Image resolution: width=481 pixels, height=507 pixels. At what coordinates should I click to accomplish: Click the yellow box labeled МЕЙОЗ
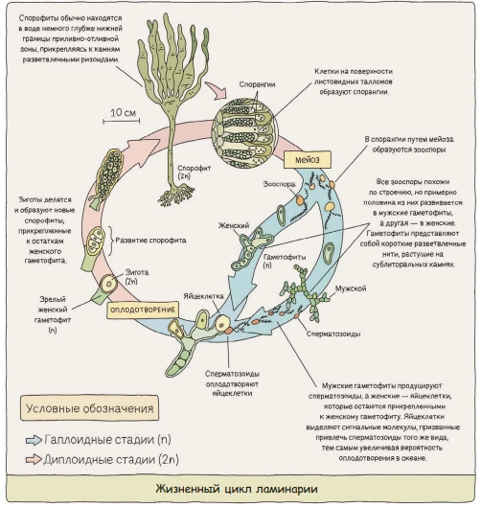307,160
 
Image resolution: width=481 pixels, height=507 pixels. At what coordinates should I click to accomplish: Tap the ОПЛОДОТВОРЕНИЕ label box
143,311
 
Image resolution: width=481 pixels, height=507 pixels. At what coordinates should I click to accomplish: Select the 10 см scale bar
122,121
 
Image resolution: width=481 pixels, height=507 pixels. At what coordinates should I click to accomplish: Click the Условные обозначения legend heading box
89,408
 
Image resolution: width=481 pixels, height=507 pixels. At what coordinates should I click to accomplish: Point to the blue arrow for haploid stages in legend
34,440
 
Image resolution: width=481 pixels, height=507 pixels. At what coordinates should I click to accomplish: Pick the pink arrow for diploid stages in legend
34,459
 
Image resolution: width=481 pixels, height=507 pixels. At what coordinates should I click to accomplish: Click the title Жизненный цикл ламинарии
237,488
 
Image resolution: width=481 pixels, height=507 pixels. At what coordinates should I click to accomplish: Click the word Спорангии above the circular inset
258,84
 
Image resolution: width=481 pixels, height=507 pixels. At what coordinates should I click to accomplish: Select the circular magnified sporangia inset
244,133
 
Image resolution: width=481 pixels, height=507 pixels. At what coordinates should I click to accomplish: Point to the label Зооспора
279,184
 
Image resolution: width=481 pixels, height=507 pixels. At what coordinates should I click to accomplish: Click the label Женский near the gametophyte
234,225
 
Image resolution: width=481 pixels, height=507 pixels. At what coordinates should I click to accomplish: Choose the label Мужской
351,288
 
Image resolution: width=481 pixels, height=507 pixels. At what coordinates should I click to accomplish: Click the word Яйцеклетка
203,296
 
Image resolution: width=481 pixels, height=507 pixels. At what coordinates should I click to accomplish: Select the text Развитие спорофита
150,241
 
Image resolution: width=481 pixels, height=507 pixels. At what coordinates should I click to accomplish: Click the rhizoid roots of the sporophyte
176,194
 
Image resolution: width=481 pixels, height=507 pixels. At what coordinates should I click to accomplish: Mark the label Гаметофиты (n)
285,261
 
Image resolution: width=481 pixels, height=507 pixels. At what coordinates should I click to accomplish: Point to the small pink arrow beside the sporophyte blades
216,90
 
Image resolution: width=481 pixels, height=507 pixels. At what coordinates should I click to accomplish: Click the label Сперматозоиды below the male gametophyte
333,334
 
